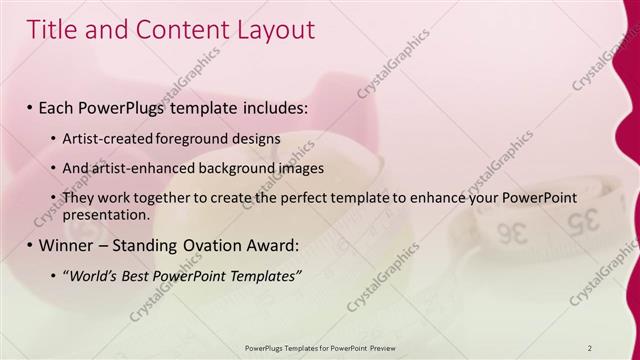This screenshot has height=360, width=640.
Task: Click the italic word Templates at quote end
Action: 263,276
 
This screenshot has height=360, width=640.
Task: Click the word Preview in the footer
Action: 379,346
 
